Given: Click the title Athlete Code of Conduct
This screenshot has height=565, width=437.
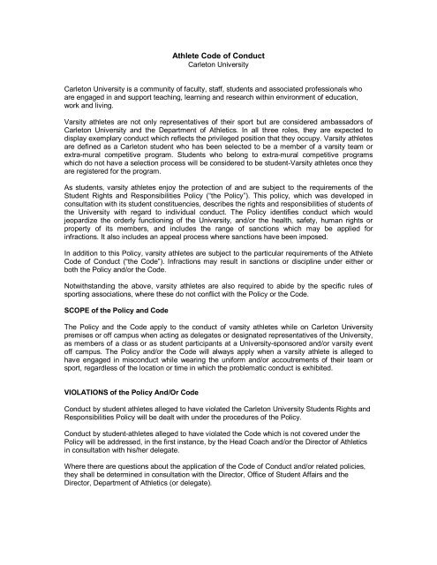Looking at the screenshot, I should tap(218, 54).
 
